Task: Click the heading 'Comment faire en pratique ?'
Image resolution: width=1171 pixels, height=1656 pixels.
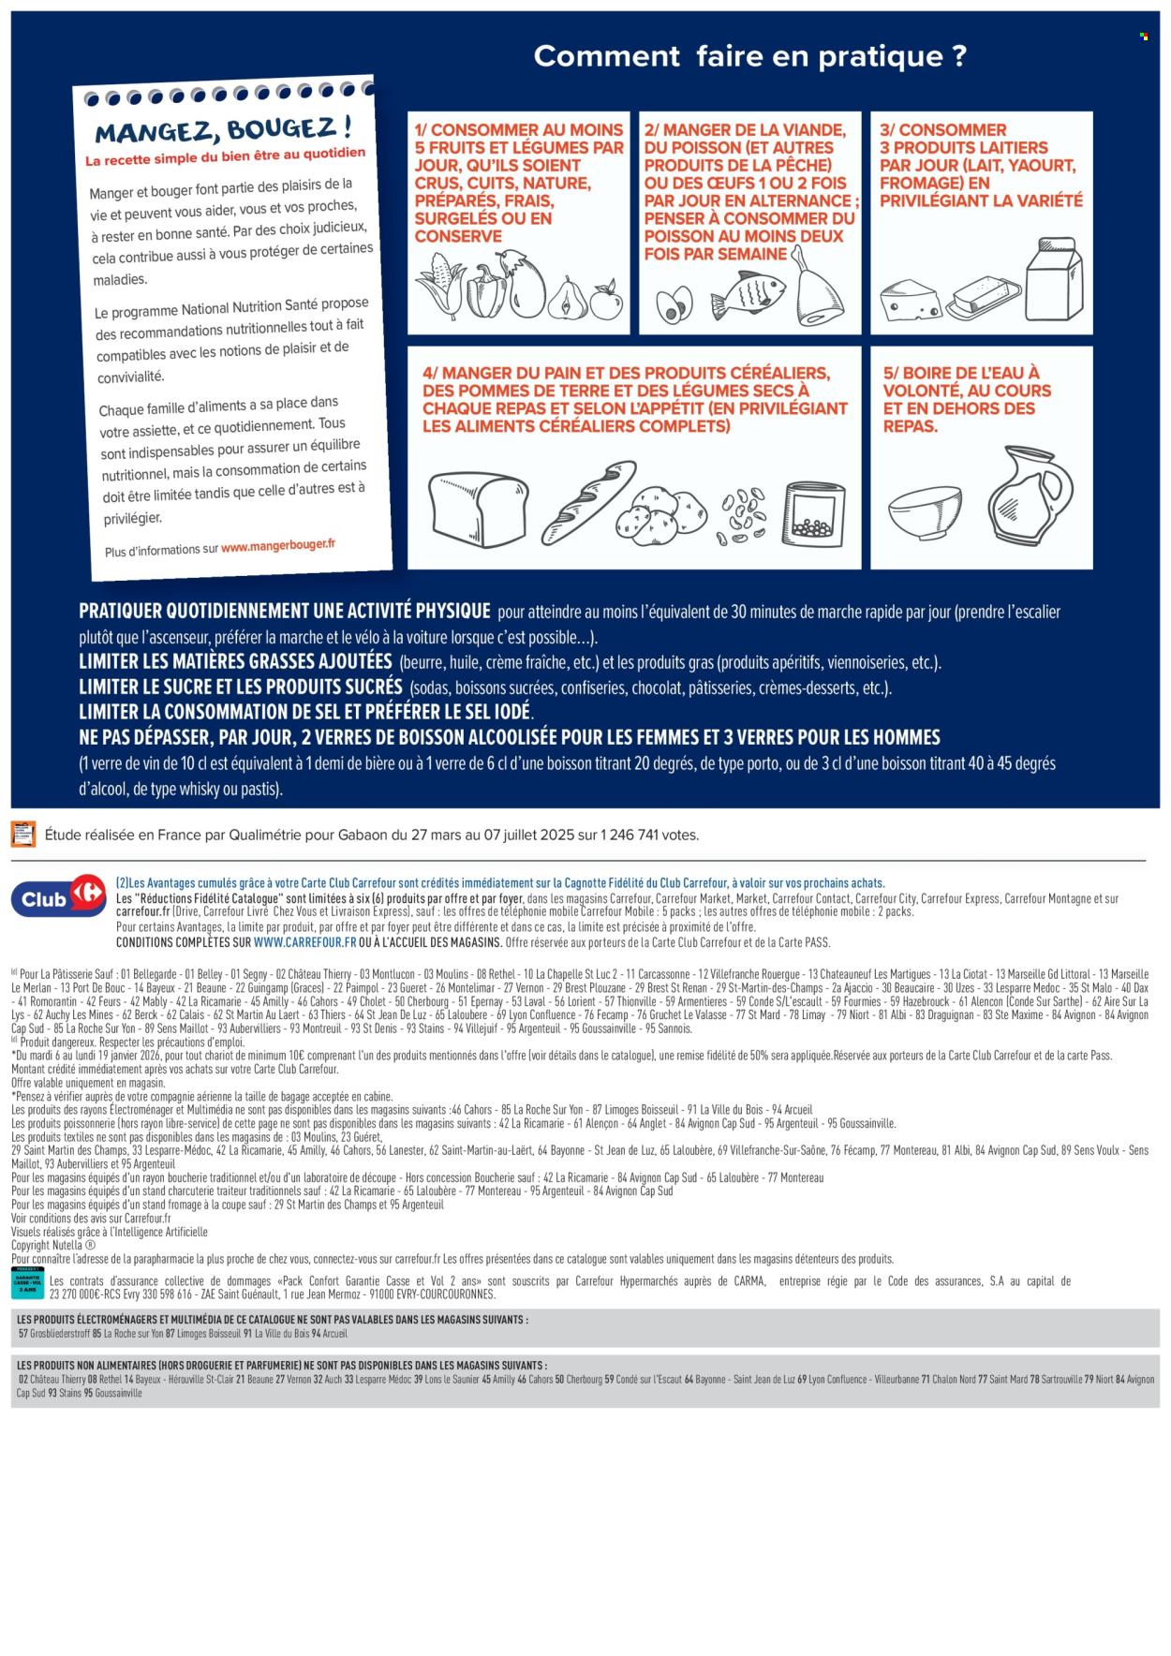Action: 749,56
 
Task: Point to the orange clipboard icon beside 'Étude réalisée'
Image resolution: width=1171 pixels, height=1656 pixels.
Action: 22,834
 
